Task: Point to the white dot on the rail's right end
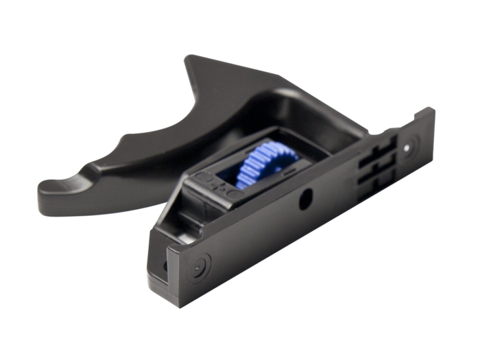pos(409,146)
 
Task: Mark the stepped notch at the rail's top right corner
pos(425,114)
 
